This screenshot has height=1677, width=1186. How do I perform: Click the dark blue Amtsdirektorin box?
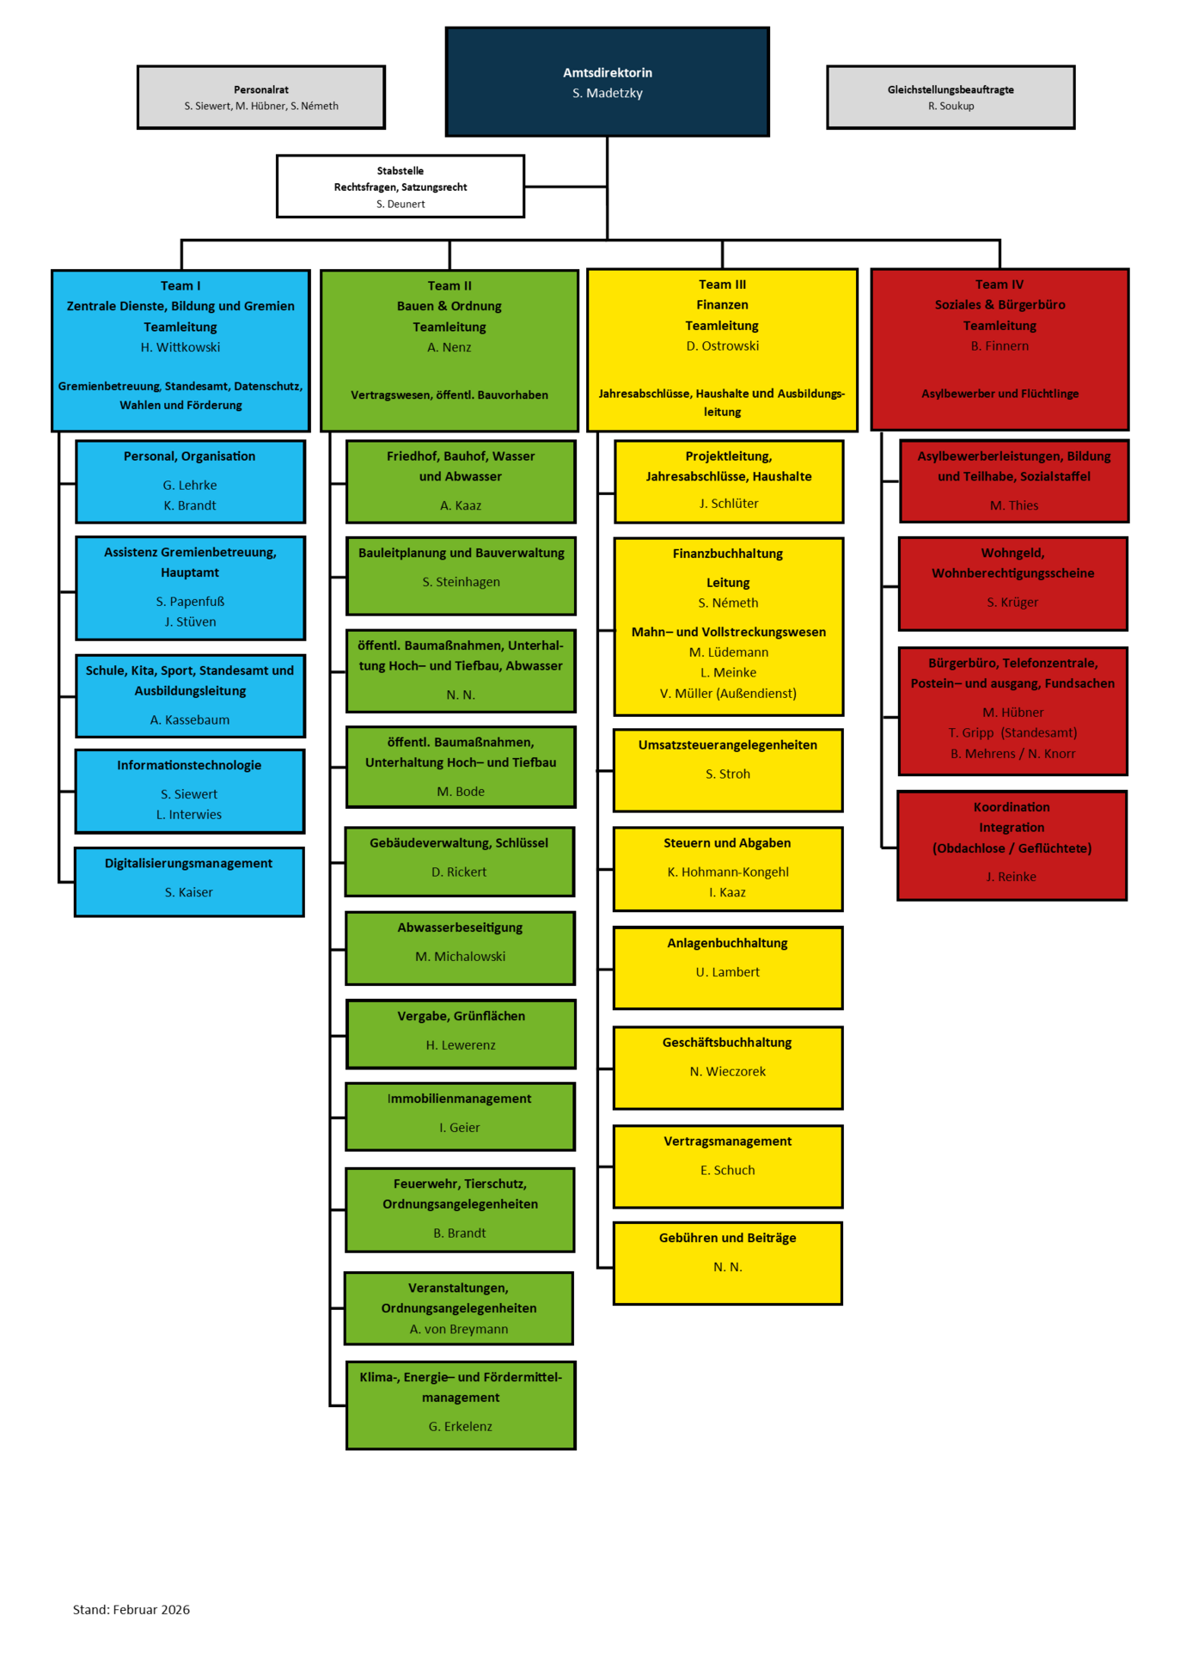click(x=607, y=83)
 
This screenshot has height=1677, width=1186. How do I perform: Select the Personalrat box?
click(x=261, y=97)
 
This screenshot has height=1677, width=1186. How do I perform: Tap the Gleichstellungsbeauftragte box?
click(x=951, y=97)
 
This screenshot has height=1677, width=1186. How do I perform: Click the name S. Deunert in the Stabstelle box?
click(x=400, y=204)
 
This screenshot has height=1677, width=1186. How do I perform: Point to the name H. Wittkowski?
click(x=180, y=347)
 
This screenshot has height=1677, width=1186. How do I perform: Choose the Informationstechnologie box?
click(x=189, y=791)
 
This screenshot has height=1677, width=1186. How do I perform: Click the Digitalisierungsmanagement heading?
click(x=188, y=863)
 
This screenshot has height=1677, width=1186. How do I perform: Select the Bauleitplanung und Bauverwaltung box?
click(x=461, y=575)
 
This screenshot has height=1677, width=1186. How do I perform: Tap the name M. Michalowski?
click(x=460, y=956)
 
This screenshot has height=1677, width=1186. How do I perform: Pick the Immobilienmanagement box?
click(x=460, y=1116)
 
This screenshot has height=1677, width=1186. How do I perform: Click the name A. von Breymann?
click(x=459, y=1329)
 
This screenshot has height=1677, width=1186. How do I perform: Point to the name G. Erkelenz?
click(x=461, y=1426)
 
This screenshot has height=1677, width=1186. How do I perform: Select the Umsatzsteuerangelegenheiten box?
click(x=728, y=769)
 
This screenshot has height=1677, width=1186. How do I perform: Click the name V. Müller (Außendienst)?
click(x=728, y=693)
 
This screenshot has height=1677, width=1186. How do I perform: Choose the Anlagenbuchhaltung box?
click(x=728, y=967)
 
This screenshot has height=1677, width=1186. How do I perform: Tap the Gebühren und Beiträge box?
click(x=728, y=1262)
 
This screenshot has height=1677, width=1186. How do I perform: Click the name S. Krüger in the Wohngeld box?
click(x=1012, y=602)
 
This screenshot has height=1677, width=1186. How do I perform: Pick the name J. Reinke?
click(x=1012, y=877)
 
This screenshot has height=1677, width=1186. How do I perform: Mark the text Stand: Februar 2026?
click(x=131, y=1609)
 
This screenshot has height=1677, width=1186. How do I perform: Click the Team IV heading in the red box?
click(x=1000, y=285)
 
